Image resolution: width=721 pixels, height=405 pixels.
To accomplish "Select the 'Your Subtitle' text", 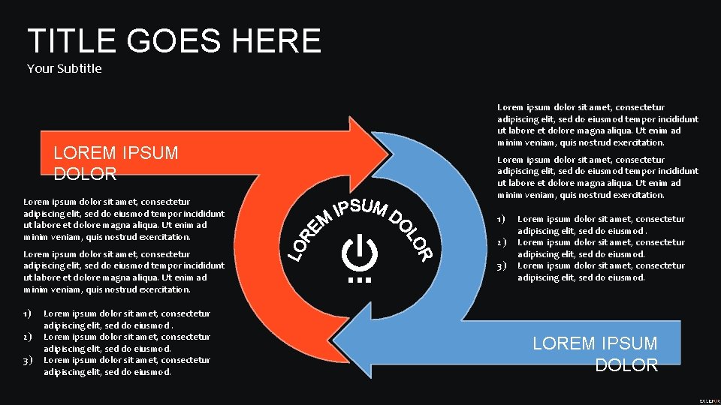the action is click(64, 69).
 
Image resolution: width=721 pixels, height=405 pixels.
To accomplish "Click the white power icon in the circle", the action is click(360, 252).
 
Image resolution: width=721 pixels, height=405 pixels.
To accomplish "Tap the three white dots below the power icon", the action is click(360, 280).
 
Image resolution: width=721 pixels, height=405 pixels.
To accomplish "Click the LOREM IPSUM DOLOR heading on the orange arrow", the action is click(116, 163).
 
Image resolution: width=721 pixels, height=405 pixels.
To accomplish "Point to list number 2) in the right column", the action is click(502, 242).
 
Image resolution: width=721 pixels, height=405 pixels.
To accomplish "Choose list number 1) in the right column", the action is click(502, 219).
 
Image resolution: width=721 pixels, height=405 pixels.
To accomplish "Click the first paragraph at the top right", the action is click(597, 124).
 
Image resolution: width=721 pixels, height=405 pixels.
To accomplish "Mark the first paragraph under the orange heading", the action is click(124, 219).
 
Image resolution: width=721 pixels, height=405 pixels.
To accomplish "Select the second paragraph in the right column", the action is click(597, 177).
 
